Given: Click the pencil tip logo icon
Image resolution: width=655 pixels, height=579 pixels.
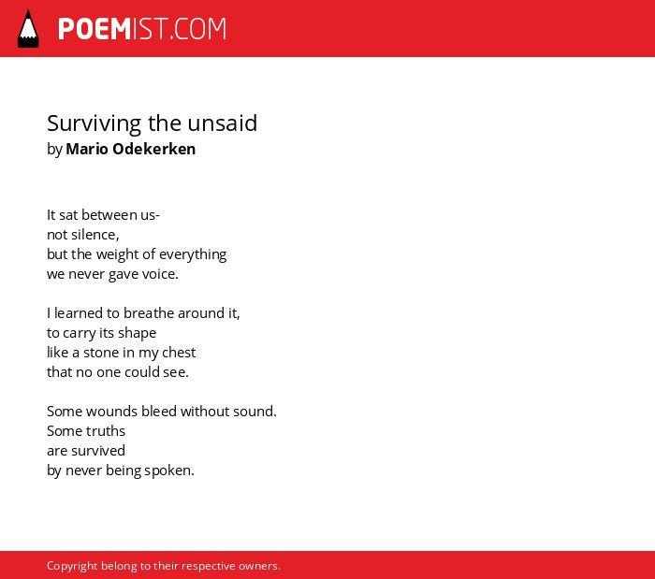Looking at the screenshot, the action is click(x=28, y=29).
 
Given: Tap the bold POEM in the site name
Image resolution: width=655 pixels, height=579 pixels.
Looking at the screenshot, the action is click(x=95, y=29).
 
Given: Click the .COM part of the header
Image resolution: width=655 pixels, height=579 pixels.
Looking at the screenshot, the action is click(x=198, y=29).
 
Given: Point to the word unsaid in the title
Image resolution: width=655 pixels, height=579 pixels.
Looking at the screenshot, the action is click(x=223, y=123).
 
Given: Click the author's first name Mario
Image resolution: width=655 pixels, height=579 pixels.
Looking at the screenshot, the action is click(x=87, y=149).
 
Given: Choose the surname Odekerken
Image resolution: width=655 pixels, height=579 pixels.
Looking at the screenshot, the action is click(x=154, y=149).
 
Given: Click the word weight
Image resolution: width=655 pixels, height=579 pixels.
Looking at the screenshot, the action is click(x=114, y=254).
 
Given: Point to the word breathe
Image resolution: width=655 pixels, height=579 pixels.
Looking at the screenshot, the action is click(x=149, y=313).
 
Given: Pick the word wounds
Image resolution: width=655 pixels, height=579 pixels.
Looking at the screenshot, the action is click(x=111, y=412).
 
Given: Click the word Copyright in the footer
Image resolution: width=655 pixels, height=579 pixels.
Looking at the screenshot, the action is click(x=72, y=566).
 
